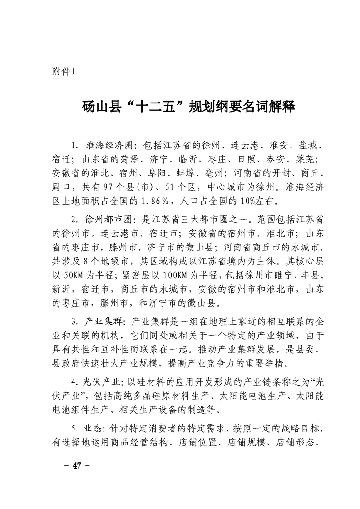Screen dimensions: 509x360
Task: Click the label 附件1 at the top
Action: [x=66, y=72]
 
